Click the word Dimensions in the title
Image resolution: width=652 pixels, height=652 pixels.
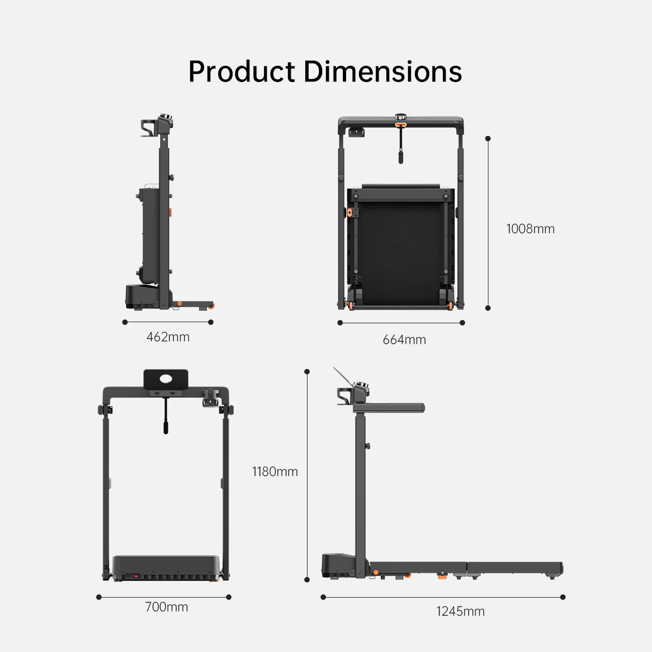tap(383, 72)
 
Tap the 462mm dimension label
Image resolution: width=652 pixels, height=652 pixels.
tap(168, 337)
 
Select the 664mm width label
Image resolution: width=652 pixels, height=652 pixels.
tap(404, 340)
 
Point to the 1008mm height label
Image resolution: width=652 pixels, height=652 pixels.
tap(530, 229)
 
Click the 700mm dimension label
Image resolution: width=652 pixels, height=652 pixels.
tap(166, 607)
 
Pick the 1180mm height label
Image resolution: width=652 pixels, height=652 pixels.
tap(275, 472)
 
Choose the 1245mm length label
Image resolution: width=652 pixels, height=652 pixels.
tap(460, 611)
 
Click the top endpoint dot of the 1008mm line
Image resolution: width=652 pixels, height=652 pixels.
tap(488, 139)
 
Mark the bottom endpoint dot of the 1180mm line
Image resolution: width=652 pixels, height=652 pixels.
tap(307, 580)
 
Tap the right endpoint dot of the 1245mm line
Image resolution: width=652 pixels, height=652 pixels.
tap(562, 597)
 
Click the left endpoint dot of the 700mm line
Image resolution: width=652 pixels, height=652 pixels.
tap(99, 597)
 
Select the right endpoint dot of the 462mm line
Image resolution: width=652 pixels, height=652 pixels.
tap(211, 322)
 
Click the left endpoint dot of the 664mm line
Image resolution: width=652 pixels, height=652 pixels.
tap(340, 323)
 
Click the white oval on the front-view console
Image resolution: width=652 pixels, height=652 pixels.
tap(166, 378)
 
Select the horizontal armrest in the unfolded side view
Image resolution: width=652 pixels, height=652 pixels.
tap(389, 407)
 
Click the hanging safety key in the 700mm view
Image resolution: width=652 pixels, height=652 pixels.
tap(166, 421)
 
